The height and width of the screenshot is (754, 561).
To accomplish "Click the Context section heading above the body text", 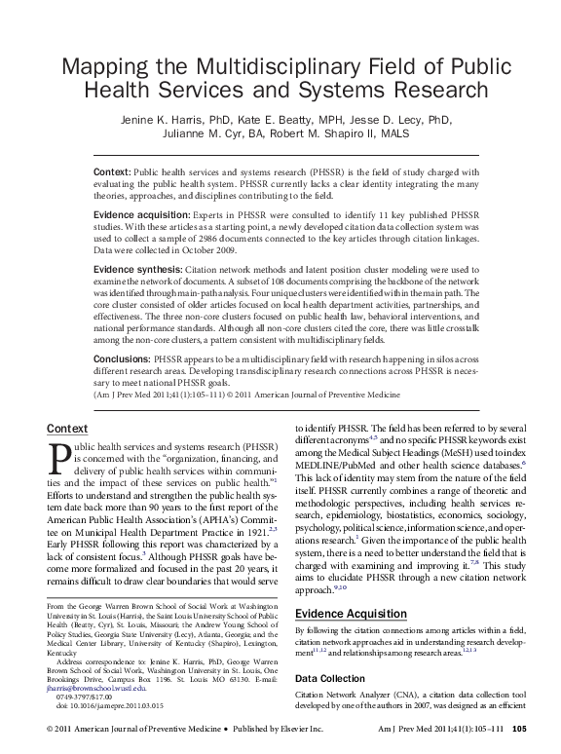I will pos(67,429).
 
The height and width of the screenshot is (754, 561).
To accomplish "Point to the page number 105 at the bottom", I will pos(520,729).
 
